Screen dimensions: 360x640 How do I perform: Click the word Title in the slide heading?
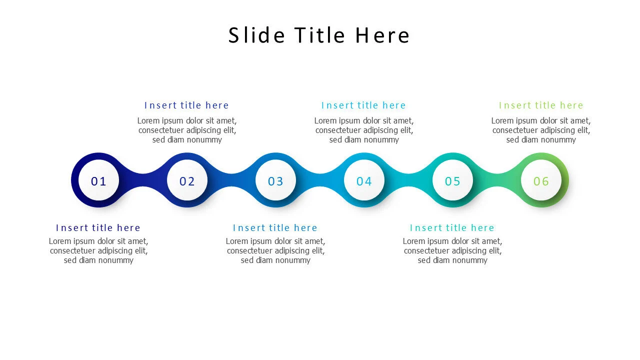click(319, 35)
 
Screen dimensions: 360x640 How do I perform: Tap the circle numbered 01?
click(99, 180)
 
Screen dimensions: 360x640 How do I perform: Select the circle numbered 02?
click(187, 180)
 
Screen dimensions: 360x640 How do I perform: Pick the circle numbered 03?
click(275, 180)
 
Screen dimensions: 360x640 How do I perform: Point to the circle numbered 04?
click(364, 180)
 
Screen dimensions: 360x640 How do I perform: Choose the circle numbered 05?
click(452, 180)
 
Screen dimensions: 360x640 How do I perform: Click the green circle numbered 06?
click(541, 180)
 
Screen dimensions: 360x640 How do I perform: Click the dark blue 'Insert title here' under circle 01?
click(98, 228)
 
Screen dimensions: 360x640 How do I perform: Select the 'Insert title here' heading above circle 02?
click(186, 105)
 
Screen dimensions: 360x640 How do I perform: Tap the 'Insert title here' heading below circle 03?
click(275, 228)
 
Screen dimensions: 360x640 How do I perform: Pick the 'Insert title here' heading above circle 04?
click(363, 105)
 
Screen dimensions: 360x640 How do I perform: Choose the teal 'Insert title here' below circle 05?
click(452, 228)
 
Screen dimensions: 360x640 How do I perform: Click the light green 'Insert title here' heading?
click(541, 105)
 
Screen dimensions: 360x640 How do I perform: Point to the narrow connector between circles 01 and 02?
click(143, 180)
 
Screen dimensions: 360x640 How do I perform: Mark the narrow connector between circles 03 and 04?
click(320, 180)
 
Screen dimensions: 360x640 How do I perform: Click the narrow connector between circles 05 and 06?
click(497, 180)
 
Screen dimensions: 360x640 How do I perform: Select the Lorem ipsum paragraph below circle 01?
click(98, 250)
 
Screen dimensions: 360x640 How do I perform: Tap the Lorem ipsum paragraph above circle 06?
click(541, 130)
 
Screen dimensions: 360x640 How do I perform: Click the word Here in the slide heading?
click(382, 35)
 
